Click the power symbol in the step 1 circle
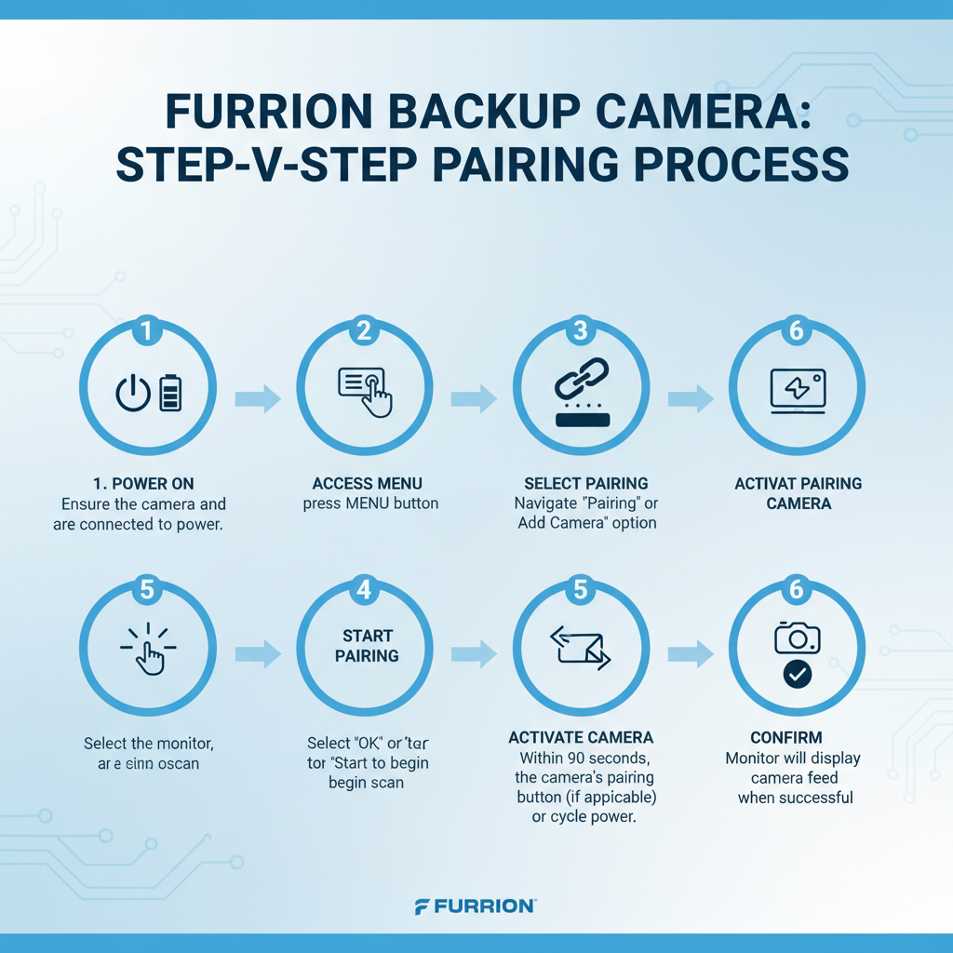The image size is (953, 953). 133,393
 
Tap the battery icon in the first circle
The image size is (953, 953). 171,393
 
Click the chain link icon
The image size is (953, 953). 582,382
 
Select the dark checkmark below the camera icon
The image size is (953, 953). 798,675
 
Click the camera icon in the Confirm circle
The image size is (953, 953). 798,638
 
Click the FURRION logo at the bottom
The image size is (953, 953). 476,906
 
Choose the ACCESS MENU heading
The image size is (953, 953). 367,484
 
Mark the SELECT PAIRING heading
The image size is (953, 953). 585,484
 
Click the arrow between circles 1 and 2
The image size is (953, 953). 257,399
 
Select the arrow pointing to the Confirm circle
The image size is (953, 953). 690,653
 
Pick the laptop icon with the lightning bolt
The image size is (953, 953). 798,391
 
